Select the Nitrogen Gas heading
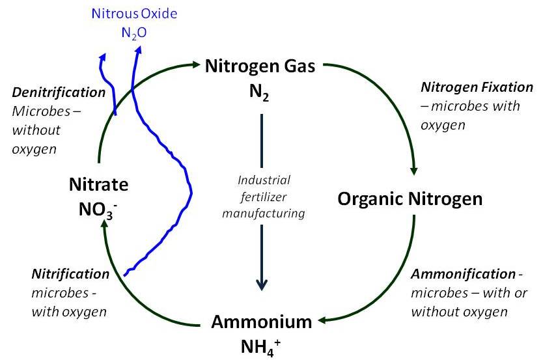(260, 66)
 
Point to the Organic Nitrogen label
(410, 199)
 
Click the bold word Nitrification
(70, 273)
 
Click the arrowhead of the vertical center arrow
(262, 284)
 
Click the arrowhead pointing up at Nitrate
(104, 225)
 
